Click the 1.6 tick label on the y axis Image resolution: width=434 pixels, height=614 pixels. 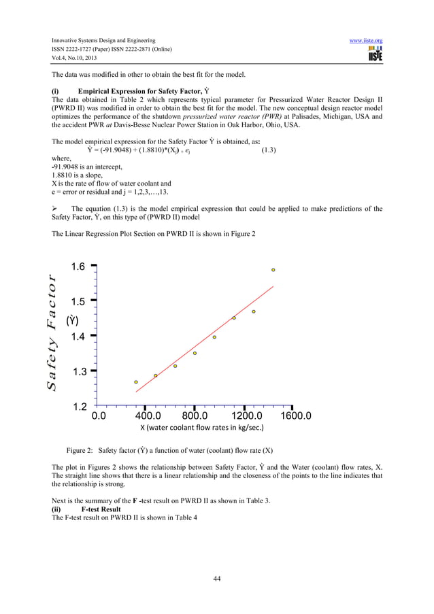coord(75,267)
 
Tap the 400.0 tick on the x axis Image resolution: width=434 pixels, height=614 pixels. coord(148,415)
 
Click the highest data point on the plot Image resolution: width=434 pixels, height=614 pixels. coord(273,270)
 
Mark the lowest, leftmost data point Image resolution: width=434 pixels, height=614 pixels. coord(136,382)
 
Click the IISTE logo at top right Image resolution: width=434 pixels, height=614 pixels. coord(375,54)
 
